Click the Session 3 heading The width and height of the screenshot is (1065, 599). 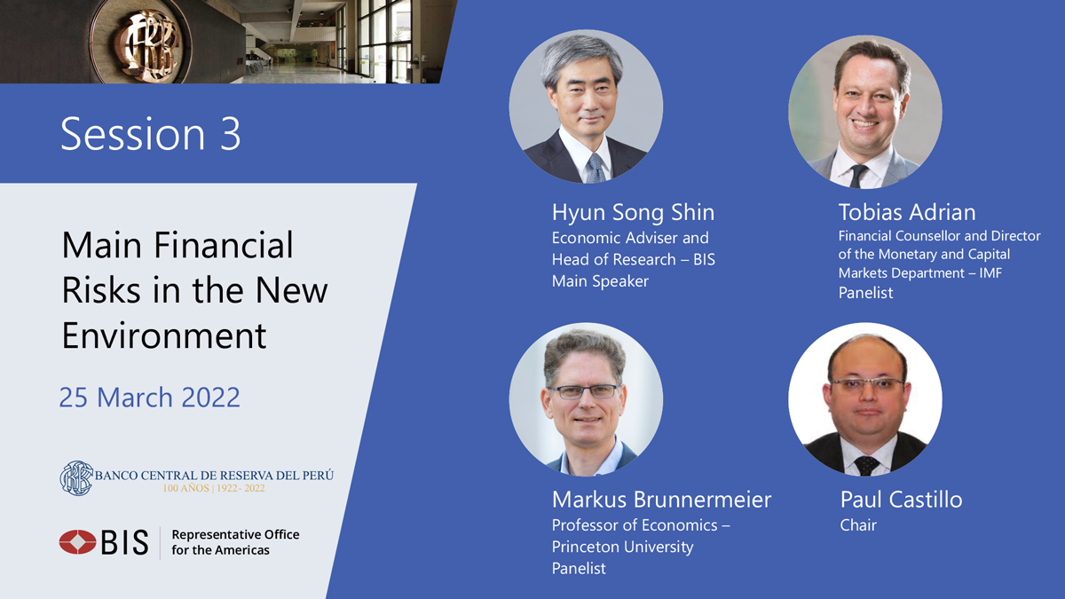point(151,134)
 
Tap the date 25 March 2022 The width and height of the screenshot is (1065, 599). point(150,397)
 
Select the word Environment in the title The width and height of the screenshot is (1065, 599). point(164,335)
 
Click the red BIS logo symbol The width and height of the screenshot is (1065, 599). point(77,542)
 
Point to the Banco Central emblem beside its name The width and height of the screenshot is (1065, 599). point(76,478)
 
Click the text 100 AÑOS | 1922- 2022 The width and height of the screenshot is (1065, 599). point(214,488)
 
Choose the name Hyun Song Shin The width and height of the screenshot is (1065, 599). point(633,212)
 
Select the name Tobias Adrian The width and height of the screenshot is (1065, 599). point(907,212)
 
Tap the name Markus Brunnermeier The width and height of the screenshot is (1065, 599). point(661,500)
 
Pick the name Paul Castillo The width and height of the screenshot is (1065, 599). point(901,500)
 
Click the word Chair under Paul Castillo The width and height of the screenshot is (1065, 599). point(858,525)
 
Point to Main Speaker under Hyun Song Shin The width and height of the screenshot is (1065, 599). point(600,281)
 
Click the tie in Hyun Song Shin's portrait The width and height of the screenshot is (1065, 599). point(596,168)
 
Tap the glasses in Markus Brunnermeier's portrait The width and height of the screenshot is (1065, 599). point(586,391)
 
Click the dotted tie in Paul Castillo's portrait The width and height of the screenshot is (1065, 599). point(866,465)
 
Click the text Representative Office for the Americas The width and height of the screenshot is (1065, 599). point(235,542)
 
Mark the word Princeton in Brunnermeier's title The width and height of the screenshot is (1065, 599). point(584,547)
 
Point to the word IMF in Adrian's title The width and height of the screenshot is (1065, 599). point(990,273)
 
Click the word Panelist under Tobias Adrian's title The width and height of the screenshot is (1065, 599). point(865,293)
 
